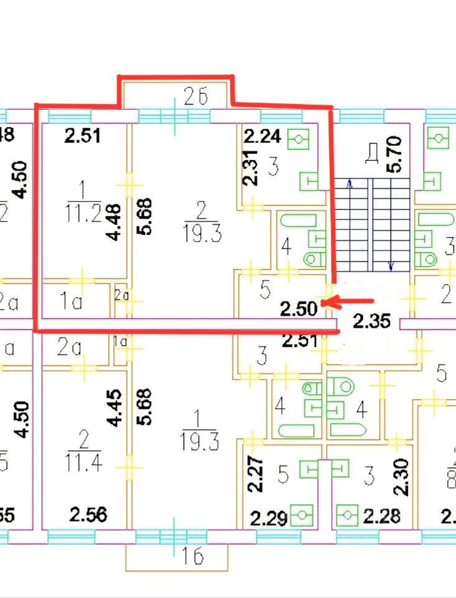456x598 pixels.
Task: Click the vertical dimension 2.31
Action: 249,169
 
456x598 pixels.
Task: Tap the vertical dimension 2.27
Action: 251,475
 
